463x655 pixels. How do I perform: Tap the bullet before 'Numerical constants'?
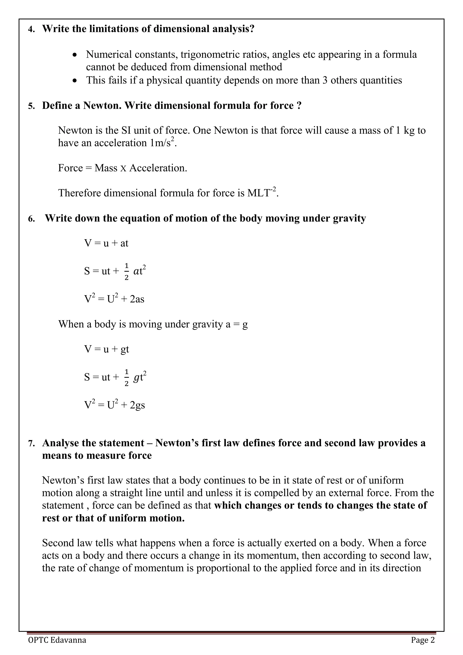75,55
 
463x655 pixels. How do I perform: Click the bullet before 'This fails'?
75,81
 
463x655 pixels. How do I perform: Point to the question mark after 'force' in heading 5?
299,106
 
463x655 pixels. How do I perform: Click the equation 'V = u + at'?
106,243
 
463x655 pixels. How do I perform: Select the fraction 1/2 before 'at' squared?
127,271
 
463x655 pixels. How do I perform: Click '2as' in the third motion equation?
137,299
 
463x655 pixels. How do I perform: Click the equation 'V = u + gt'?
106,349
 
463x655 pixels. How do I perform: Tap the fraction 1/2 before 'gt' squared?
127,377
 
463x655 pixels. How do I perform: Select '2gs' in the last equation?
137,405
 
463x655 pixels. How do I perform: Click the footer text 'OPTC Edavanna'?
57,640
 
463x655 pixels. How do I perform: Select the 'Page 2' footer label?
423,640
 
